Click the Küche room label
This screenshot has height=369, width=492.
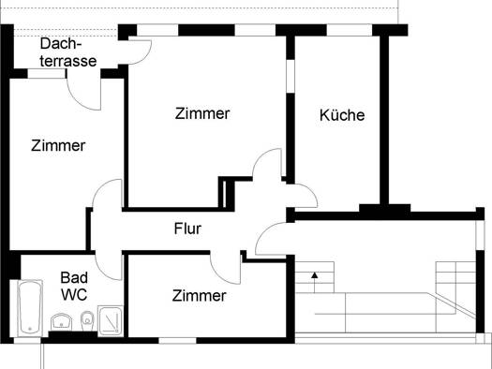tap(342, 115)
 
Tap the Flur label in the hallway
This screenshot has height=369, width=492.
tap(187, 229)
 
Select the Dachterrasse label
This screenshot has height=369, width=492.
tap(68, 52)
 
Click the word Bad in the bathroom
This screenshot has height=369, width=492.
tap(74, 277)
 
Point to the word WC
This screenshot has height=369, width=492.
tap(74, 294)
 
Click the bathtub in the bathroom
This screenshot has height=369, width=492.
tap(30, 308)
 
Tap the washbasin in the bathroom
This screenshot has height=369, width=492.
tap(61, 321)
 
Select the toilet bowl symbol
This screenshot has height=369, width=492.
tap(87, 320)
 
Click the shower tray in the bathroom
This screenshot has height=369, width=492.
tap(111, 320)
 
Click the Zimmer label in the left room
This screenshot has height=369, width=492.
tap(58, 145)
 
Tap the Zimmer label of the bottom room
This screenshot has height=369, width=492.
tap(200, 296)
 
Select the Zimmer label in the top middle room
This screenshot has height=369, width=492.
tap(202, 113)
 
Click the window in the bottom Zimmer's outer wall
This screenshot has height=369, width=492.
tap(177, 341)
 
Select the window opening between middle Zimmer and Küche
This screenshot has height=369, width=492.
tap(291, 76)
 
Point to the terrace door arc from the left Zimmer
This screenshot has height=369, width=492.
tap(79, 98)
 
